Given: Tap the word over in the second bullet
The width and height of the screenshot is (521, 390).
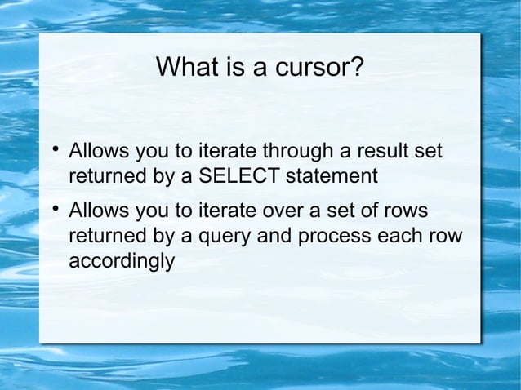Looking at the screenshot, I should click(x=283, y=212).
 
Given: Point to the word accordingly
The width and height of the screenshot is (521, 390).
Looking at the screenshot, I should click(x=121, y=261).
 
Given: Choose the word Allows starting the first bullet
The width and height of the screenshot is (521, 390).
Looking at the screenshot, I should click(x=96, y=151).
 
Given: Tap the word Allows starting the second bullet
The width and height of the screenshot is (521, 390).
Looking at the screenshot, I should click(x=96, y=212).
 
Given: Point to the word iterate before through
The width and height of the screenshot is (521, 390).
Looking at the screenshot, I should click(x=216, y=151).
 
